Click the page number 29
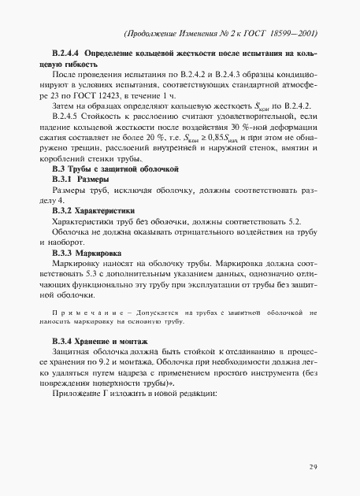(313, 467)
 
